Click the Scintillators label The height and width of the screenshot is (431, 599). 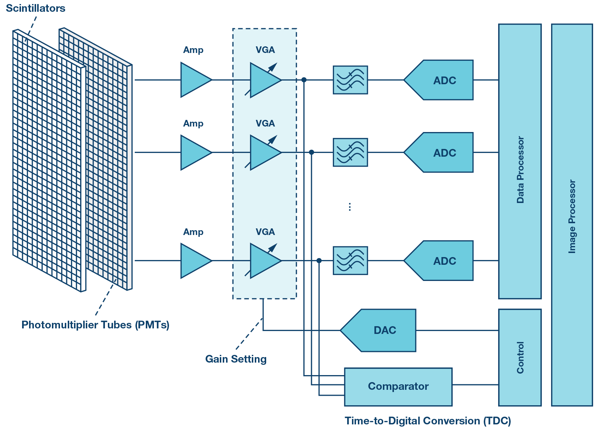pos(35,8)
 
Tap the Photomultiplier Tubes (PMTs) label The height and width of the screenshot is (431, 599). pos(95,325)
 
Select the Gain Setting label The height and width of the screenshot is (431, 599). pos(236,359)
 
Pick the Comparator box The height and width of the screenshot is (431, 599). pos(398,387)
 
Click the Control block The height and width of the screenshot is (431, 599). pos(519,357)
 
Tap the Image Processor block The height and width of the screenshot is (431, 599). pos(572,215)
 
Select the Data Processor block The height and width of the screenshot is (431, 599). pos(519,162)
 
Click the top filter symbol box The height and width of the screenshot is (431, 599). pos(350,80)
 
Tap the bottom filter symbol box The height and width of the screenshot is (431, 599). pos(350,260)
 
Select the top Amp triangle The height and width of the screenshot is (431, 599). pos(194,80)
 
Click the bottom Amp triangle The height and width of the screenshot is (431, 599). pos(194,261)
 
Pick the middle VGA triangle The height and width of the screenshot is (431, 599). pos(264,153)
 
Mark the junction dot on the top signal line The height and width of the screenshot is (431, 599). pos(304,80)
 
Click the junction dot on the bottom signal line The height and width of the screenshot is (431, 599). pos(319,261)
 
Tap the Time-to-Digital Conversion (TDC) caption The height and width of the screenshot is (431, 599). pos(427,421)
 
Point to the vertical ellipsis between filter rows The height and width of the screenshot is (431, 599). pos(350,207)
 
